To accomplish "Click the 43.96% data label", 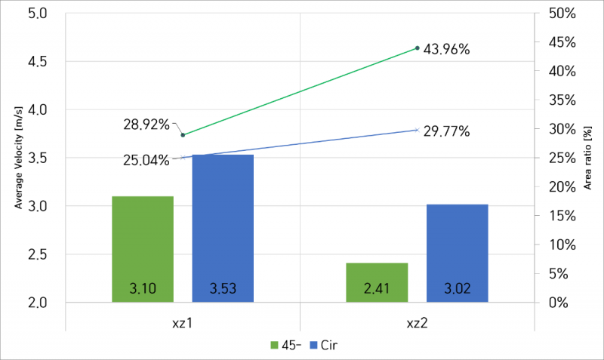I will pos(447,50).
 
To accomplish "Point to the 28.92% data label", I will pos(146,125).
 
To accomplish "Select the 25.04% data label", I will pos(146,160).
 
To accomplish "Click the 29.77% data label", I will pos(447,131).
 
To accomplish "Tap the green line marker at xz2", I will pos(417,48).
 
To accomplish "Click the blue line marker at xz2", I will pos(417,130).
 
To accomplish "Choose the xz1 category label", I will pos(183,322).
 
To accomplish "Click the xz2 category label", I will pos(417,322).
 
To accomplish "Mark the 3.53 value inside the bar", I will pos(223,288).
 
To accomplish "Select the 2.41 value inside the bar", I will pos(377,288).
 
